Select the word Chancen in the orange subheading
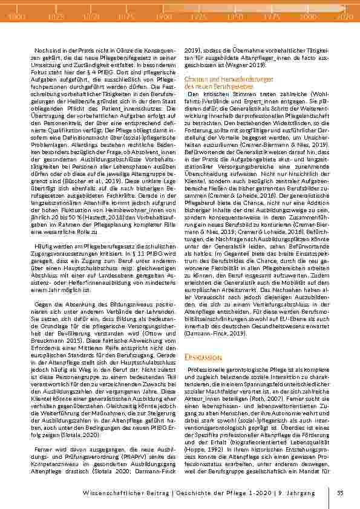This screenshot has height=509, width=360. click(x=194, y=79)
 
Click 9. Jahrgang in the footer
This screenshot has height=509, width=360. click(x=300, y=494)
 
